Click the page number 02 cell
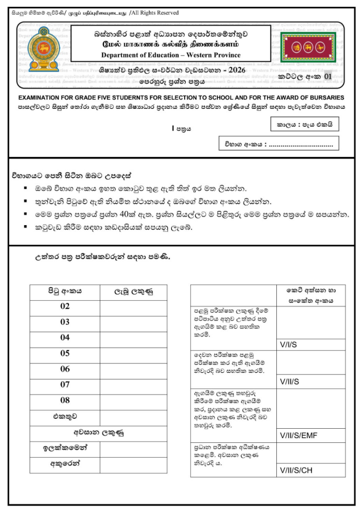pyautogui.click(x=65, y=306)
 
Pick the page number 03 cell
pyautogui.click(x=65, y=322)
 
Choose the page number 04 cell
pyautogui.click(x=65, y=338)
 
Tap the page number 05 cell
pyautogui.click(x=65, y=354)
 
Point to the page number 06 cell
pyautogui.click(x=65, y=370)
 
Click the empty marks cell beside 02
pyautogui.click(x=132, y=306)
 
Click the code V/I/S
pyautogui.click(x=288, y=345)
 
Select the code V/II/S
pyautogui.click(x=289, y=382)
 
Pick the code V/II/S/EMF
pyautogui.click(x=298, y=436)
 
